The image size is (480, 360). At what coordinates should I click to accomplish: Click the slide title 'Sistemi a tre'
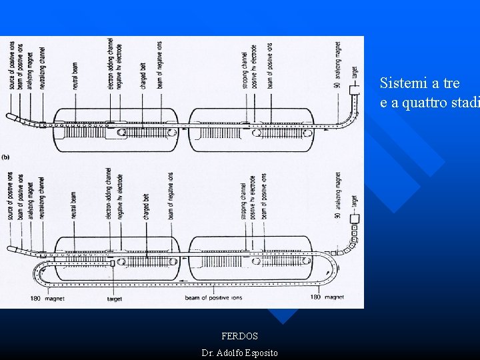pyautogui.click(x=419, y=83)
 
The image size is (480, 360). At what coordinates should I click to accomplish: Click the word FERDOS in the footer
pyautogui.click(x=239, y=337)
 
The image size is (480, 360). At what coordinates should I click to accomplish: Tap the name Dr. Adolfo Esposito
pyautogui.click(x=239, y=353)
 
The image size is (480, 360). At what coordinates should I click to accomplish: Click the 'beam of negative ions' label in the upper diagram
pyautogui.click(x=159, y=65)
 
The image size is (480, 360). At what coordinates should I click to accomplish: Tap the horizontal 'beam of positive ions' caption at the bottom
pyautogui.click(x=211, y=298)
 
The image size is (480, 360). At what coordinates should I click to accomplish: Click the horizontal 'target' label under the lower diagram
pyautogui.click(x=114, y=299)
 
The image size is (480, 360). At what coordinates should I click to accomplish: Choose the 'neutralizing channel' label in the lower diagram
pyautogui.click(x=42, y=199)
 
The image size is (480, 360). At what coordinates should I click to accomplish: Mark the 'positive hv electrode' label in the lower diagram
pyautogui.click(x=254, y=196)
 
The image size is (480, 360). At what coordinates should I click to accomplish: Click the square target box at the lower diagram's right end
pyautogui.click(x=354, y=218)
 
